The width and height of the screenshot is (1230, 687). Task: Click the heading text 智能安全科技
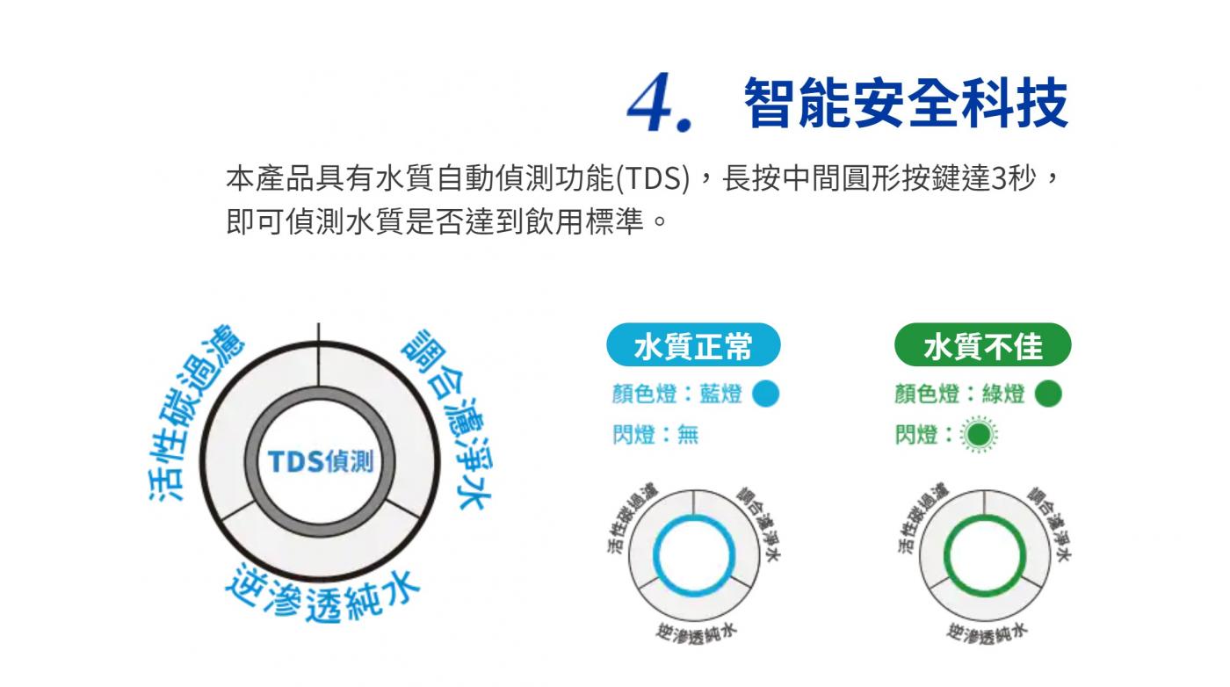tap(906, 103)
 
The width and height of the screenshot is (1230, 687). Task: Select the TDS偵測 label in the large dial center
tap(320, 461)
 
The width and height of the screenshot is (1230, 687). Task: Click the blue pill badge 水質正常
tap(693, 345)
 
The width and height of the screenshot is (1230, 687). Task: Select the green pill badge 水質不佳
tap(982, 345)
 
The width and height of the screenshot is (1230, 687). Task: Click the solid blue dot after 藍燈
tap(765, 394)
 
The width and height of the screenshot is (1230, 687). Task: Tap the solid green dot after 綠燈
tap(1048, 394)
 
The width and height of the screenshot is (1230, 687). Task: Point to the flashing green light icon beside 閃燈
tap(979, 435)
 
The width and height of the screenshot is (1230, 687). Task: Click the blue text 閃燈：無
tap(655, 435)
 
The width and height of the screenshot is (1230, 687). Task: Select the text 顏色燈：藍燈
tap(677, 394)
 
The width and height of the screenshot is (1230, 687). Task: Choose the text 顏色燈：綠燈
tap(959, 394)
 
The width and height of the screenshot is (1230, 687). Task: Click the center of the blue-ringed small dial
tap(693, 555)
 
